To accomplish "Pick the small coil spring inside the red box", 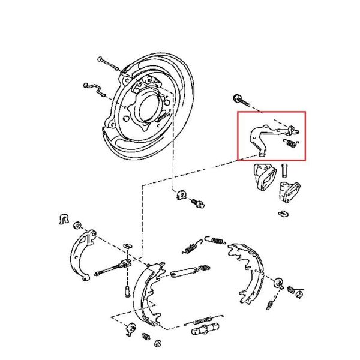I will coord(290,143).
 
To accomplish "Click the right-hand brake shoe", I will coord(249,270).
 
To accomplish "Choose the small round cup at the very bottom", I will coord(158,343).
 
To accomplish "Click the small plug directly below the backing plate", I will coord(199,204).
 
